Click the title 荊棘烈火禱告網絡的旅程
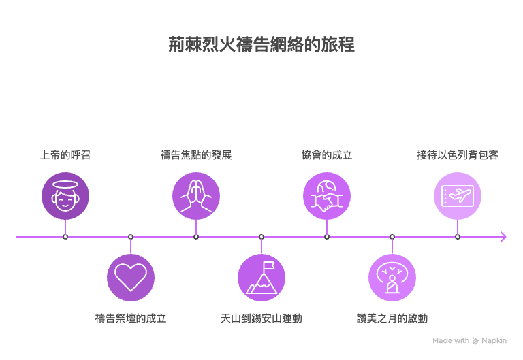coord(261,45)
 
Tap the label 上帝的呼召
coord(65,155)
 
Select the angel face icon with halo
coord(65,196)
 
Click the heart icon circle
coord(131,277)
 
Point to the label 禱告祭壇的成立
coord(131,318)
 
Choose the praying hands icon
coord(196,196)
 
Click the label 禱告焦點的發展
coord(196,155)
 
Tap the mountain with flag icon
coord(261,277)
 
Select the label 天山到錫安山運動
coord(261,318)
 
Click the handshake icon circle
coord(327,196)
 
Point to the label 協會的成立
coord(327,155)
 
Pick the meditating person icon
coord(392,277)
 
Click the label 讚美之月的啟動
coord(392,318)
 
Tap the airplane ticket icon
coord(458,196)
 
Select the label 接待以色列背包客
coord(458,155)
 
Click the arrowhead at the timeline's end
coord(503,237)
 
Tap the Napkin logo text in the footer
coord(494,340)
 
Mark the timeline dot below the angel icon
coord(65,237)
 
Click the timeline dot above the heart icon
coord(131,237)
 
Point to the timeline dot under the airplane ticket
coord(458,237)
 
